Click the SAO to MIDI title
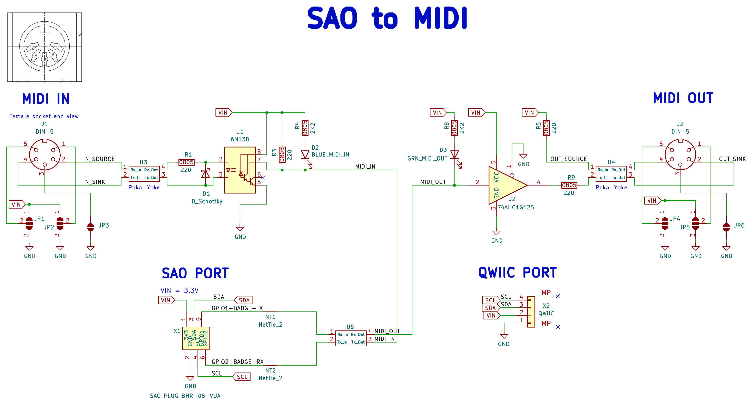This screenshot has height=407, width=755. click(387, 18)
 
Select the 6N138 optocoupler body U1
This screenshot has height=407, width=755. click(240, 170)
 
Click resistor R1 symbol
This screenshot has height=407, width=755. click(186, 162)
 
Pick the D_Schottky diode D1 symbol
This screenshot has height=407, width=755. click(205, 174)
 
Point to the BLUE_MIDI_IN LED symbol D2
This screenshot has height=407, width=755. click(305, 155)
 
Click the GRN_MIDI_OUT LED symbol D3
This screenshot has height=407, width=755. click(454, 155)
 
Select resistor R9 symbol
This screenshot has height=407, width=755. click(569, 185)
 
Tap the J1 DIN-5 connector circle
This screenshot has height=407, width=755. click(45, 155)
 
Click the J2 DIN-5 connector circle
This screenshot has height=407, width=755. click(680, 155)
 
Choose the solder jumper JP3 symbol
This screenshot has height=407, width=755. click(91, 227)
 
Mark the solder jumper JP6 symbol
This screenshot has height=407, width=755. click(726, 227)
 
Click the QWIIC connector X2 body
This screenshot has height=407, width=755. click(531, 311)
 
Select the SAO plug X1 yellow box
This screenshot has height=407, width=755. click(196, 338)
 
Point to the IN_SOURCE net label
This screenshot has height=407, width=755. click(99, 159)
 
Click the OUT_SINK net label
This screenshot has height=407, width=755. click(732, 159)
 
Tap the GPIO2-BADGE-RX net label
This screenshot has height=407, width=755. click(237, 361)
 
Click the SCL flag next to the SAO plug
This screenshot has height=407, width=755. click(242, 377)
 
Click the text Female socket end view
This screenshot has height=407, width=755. click(44, 116)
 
